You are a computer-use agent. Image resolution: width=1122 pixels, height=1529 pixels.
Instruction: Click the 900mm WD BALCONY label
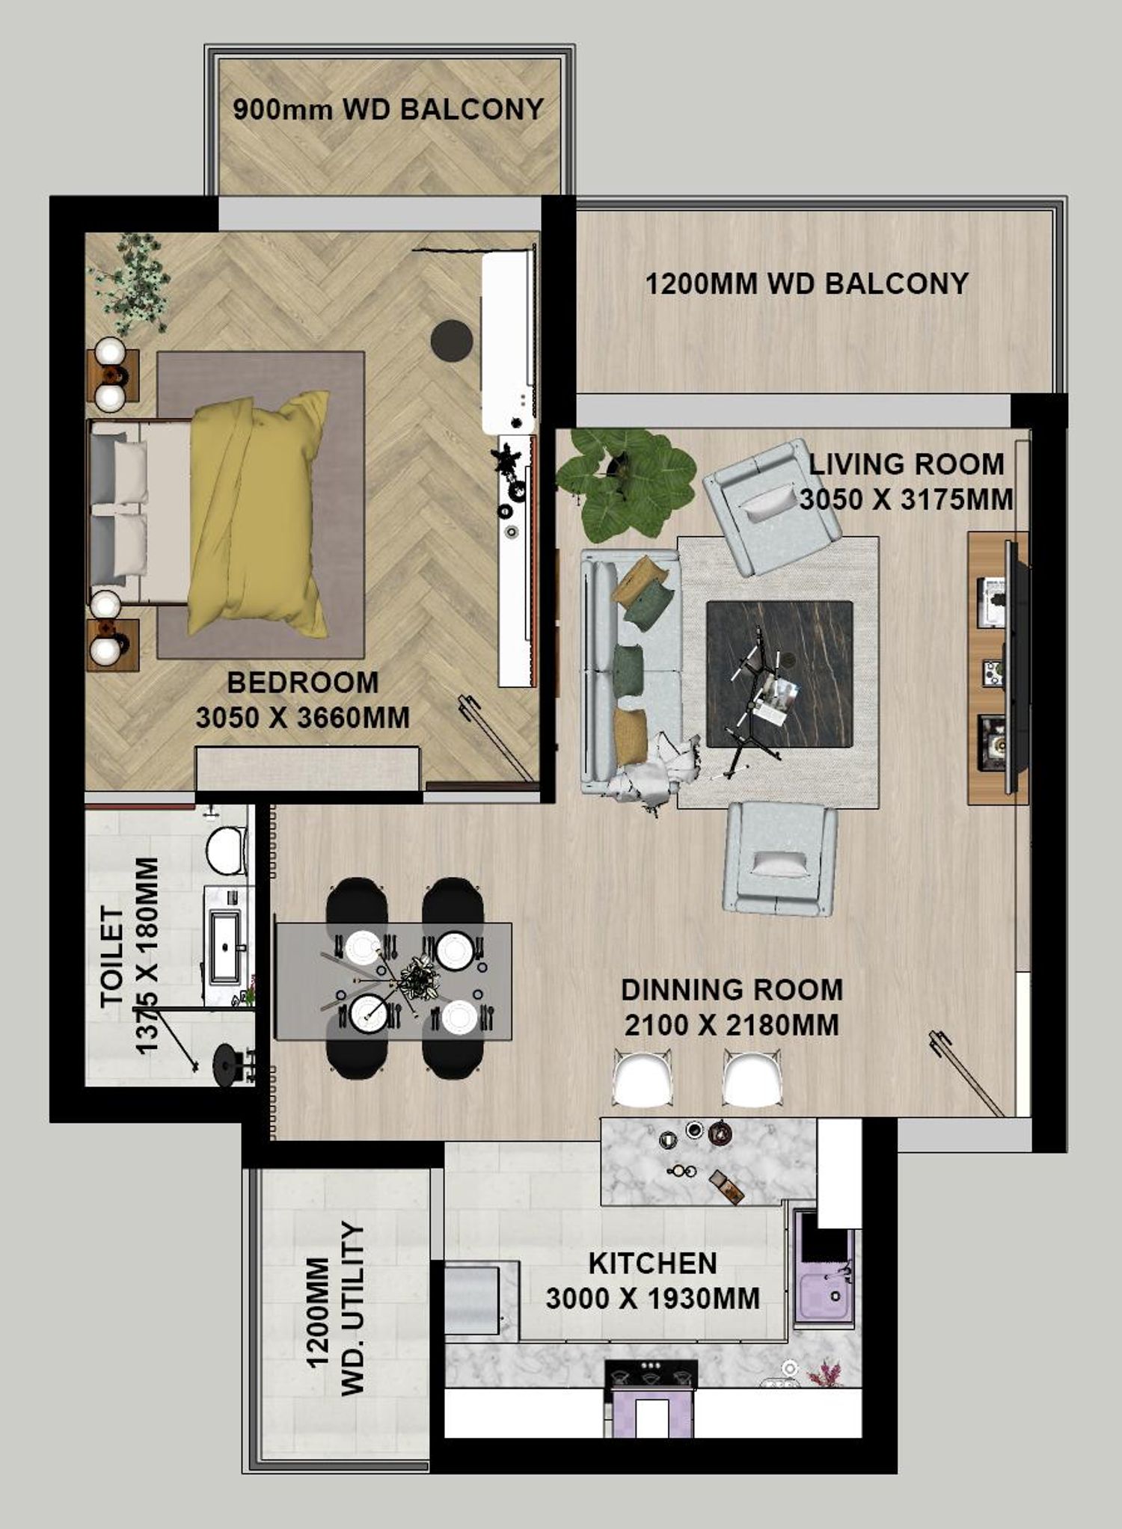coord(387,110)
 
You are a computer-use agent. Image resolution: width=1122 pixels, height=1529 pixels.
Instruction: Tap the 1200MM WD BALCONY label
coord(806,283)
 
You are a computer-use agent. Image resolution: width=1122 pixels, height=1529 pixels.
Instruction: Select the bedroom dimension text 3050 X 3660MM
coord(303,718)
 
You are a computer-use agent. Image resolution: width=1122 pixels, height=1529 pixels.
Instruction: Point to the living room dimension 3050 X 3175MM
coord(907,499)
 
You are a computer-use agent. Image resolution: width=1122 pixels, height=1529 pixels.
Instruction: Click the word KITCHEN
coord(653,1264)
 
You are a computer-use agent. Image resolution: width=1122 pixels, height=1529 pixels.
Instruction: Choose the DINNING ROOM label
coord(732,990)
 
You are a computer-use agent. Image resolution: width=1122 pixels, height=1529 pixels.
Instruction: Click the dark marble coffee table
coord(779,674)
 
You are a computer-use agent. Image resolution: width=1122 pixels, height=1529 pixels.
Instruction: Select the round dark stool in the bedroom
coord(452,340)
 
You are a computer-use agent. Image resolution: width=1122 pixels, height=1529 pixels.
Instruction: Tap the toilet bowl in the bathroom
coord(226,850)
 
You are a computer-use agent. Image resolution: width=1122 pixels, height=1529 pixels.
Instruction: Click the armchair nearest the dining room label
coord(780,858)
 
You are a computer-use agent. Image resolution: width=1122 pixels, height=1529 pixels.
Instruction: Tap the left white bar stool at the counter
coord(643,1078)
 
